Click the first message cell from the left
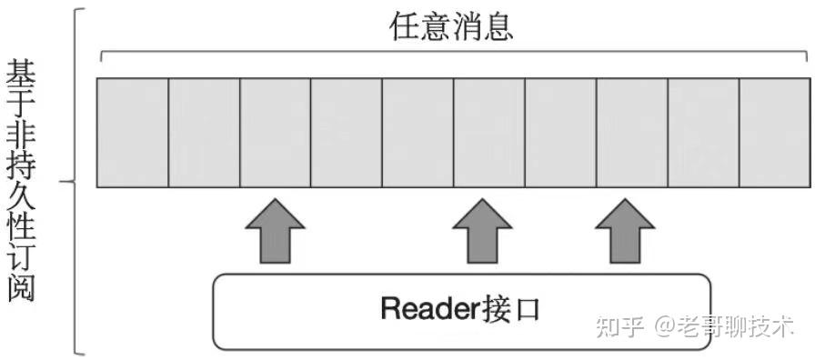(x=133, y=133)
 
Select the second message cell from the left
(x=204, y=133)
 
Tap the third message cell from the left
(x=275, y=133)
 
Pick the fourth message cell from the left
(x=346, y=133)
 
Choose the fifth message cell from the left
(x=418, y=133)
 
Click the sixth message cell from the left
(x=488, y=133)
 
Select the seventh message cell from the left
(x=559, y=133)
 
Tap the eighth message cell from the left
(x=631, y=133)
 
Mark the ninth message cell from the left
(x=702, y=133)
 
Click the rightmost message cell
(x=773, y=133)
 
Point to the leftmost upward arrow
(x=275, y=232)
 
